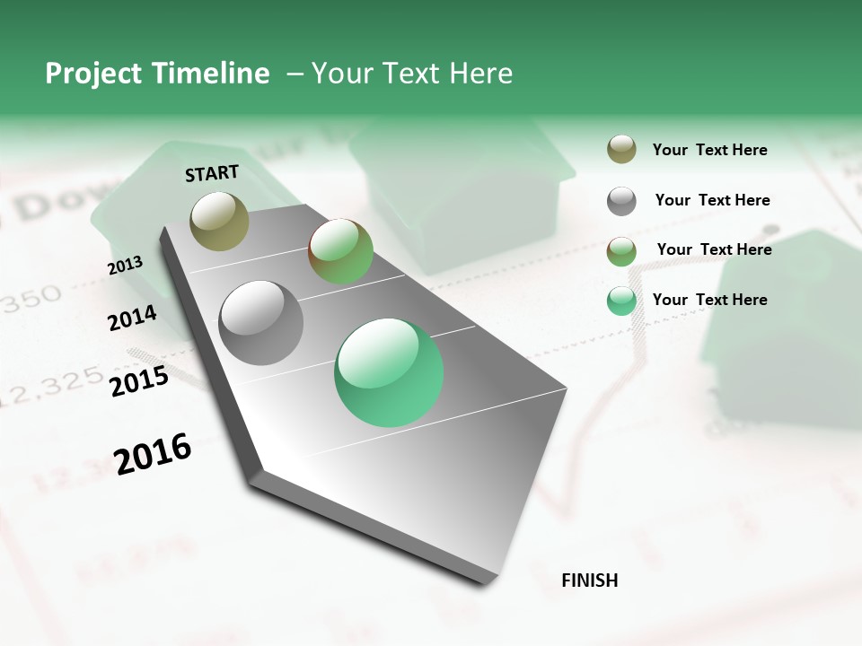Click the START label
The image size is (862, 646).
click(212, 173)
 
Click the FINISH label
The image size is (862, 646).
click(589, 581)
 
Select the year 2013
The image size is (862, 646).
click(125, 266)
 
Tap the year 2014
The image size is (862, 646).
click(132, 319)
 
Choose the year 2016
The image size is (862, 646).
click(153, 454)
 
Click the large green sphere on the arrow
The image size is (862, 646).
click(389, 372)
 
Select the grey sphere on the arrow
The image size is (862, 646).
click(261, 323)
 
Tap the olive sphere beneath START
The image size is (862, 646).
click(220, 221)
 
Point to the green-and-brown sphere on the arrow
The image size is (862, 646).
click(340, 251)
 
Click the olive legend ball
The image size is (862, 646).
click(621, 150)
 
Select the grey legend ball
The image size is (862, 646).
click(621, 201)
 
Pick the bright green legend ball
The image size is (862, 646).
click(621, 301)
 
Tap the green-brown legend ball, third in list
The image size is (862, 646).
click(621, 251)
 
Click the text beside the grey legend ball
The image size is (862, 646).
click(712, 200)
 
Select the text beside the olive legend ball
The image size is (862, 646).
click(709, 150)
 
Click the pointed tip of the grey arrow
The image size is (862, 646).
click(490, 583)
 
